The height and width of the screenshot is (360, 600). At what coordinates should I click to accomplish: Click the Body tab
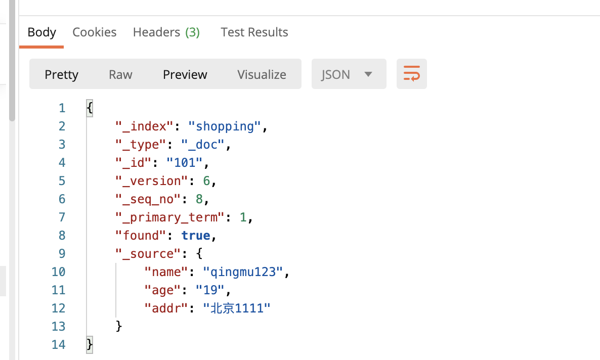click(41, 32)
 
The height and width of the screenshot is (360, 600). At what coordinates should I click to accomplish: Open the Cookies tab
click(95, 32)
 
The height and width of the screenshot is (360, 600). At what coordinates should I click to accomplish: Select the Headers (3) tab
click(166, 32)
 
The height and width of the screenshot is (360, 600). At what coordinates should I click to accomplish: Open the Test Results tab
click(254, 32)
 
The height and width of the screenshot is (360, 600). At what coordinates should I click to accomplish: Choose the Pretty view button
click(61, 74)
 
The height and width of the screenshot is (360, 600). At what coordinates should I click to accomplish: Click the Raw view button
click(120, 74)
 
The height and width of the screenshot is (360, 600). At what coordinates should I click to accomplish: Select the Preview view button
click(185, 74)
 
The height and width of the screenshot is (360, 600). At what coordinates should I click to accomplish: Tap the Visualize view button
click(262, 74)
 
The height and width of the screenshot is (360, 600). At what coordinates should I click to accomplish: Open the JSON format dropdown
click(349, 74)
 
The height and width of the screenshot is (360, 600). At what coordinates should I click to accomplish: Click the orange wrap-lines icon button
click(411, 74)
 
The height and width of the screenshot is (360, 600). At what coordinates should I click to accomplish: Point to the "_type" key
click(138, 144)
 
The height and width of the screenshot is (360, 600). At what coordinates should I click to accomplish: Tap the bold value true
click(196, 235)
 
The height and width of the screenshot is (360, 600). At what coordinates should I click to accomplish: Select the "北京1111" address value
click(236, 308)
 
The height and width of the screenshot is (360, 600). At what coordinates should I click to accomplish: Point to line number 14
click(58, 344)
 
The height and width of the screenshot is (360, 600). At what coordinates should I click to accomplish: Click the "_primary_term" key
click(170, 217)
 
